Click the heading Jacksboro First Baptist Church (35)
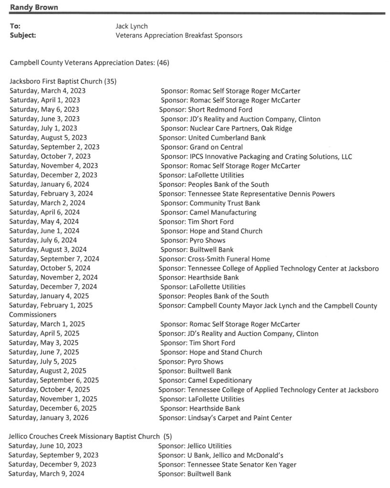[63, 81]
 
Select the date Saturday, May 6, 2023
[44, 110]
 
